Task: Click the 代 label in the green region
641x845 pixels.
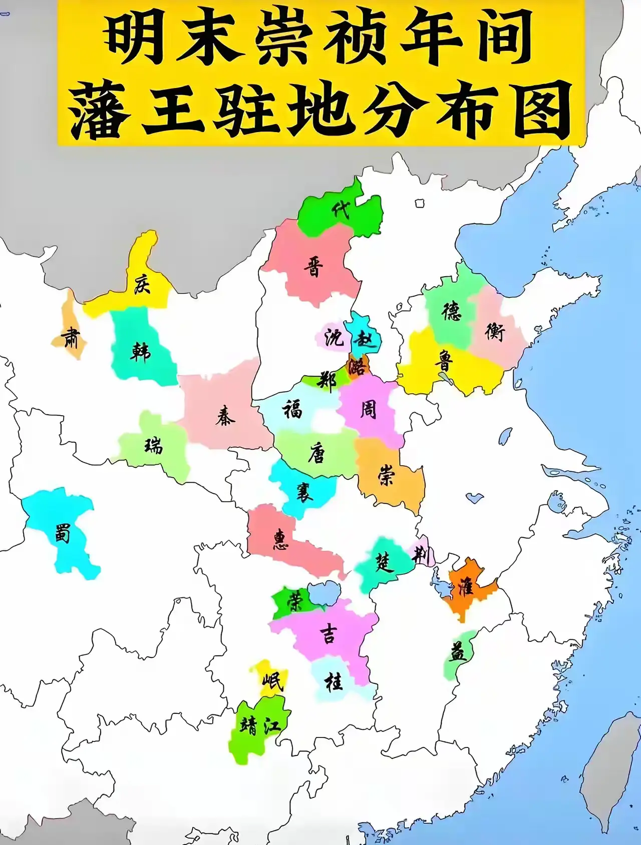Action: pos(342,210)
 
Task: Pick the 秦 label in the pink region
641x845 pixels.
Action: pos(225,416)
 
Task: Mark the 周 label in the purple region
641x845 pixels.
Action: pos(368,410)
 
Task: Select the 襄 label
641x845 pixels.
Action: pos(304,492)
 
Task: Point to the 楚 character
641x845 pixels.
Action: pos(384,563)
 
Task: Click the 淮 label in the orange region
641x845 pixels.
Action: pos(465,585)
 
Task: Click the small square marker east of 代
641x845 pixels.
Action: pos(420,203)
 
